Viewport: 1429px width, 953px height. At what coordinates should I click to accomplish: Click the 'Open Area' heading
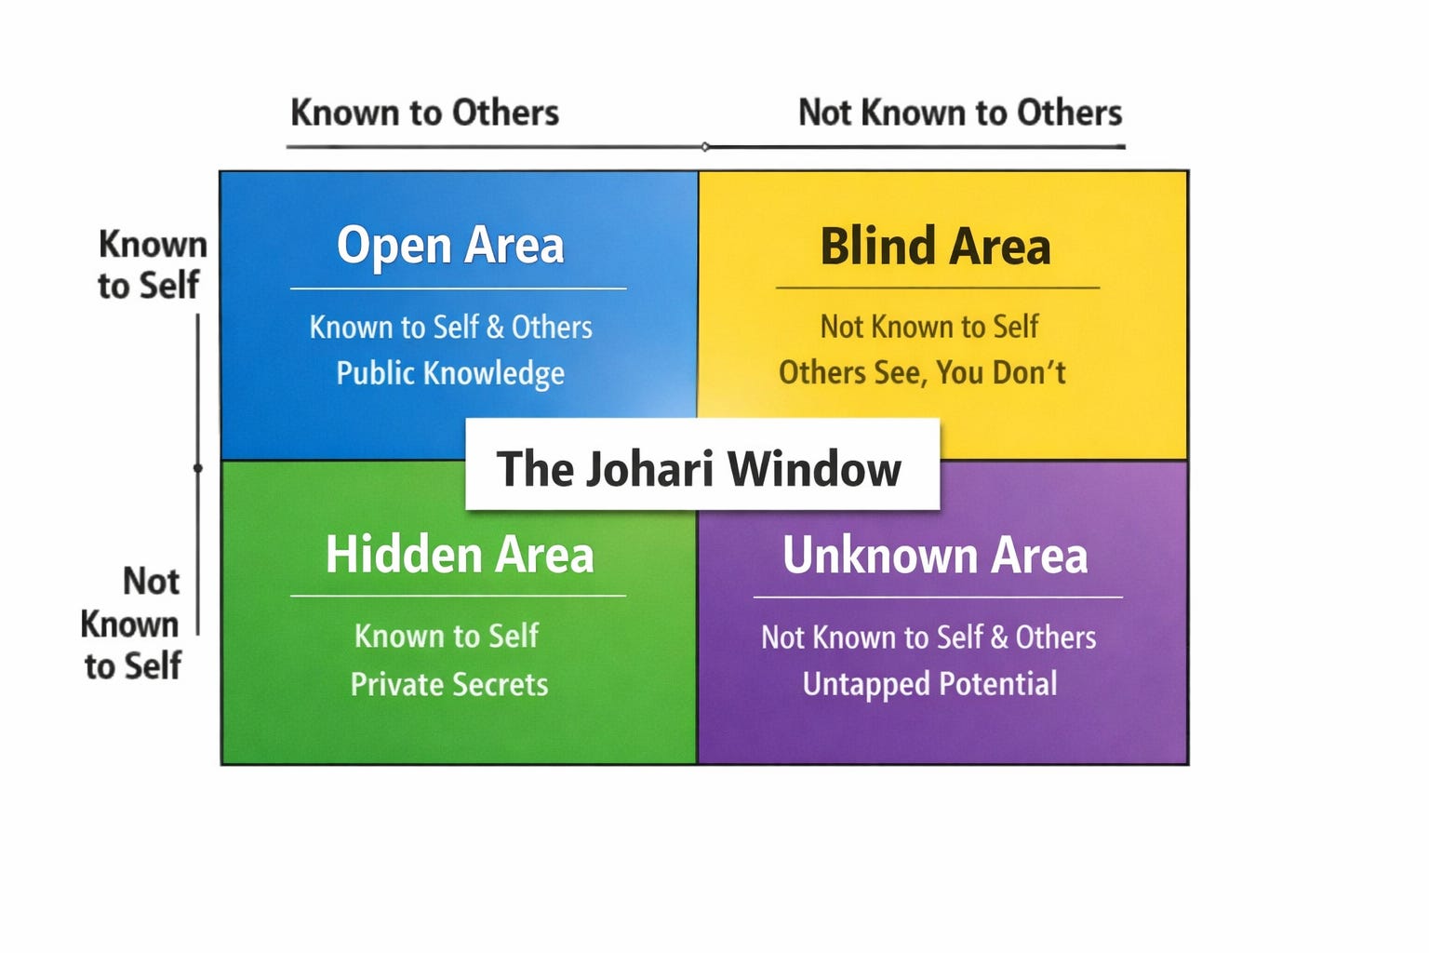tap(450, 246)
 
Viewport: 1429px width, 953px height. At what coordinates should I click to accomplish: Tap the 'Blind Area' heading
tap(935, 248)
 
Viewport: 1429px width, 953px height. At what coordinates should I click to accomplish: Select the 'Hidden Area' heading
tap(460, 555)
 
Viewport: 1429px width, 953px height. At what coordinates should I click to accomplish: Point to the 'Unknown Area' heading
tap(935, 556)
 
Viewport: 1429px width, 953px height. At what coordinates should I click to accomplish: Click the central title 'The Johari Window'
tap(699, 468)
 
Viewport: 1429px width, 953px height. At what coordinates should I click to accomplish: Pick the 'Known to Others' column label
tap(424, 113)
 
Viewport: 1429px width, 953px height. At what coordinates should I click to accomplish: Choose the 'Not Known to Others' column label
tap(960, 113)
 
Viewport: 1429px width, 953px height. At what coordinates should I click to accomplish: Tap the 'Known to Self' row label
tap(151, 264)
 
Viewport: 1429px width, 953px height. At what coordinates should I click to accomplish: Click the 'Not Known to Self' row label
tap(133, 623)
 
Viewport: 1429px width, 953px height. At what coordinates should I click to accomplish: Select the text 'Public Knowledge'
tap(450, 373)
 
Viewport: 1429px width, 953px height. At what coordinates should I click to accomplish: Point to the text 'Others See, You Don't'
tap(922, 372)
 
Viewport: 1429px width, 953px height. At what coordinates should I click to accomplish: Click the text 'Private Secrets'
tap(449, 685)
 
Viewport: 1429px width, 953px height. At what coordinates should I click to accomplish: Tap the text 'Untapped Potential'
tap(929, 684)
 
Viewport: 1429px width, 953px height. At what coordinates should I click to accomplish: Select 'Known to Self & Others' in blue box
tap(450, 328)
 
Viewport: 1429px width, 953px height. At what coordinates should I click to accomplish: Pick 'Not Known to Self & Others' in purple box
tap(928, 638)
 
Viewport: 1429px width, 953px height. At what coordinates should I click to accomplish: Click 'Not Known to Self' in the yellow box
tap(928, 327)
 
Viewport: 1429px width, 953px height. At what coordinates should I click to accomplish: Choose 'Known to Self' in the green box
tap(447, 637)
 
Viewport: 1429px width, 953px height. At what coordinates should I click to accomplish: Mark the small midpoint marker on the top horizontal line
tap(705, 146)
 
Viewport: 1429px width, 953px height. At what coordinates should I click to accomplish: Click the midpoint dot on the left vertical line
tap(197, 467)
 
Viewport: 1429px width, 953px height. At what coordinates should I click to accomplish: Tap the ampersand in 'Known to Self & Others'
tap(495, 328)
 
